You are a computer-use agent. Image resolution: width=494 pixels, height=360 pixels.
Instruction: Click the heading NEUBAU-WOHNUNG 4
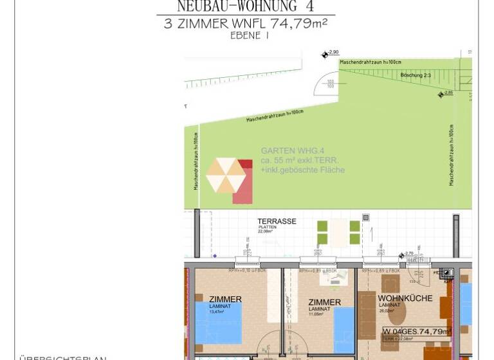pyautogui.click(x=246, y=7)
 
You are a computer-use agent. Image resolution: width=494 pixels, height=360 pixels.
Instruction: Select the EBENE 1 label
pyautogui.click(x=250, y=36)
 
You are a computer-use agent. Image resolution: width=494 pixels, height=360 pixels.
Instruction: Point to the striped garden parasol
pyautogui.click(x=225, y=175)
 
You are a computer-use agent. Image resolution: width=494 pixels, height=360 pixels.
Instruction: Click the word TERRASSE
pyautogui.click(x=277, y=221)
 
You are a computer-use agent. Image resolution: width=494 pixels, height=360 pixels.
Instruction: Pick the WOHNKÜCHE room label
pyautogui.click(x=404, y=298)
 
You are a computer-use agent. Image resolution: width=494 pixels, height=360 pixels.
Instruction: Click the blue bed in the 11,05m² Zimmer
pyautogui.click(x=344, y=329)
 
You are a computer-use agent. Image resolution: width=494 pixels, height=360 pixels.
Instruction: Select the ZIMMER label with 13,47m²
pyautogui.click(x=225, y=300)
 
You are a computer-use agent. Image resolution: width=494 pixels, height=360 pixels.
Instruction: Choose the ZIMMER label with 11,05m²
pyautogui.click(x=324, y=302)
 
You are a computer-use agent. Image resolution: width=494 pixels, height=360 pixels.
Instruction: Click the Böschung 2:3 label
pyautogui.click(x=415, y=75)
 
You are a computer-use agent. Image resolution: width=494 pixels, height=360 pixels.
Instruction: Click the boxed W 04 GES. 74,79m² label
pyautogui.click(x=416, y=332)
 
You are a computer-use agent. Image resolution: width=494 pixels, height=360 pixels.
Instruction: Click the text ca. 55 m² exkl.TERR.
pyautogui.click(x=299, y=160)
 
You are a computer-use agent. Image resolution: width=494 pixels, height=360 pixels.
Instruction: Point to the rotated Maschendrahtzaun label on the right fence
pyautogui.click(x=452, y=155)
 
